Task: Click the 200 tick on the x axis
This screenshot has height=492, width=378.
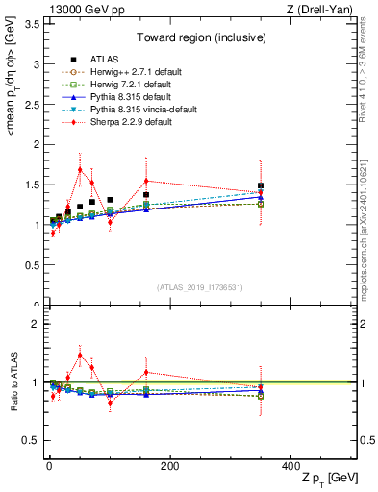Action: pos(169,466)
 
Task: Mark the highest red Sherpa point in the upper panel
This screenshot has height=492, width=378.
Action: pos(80,169)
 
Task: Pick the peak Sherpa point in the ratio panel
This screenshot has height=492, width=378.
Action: pos(80,355)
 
